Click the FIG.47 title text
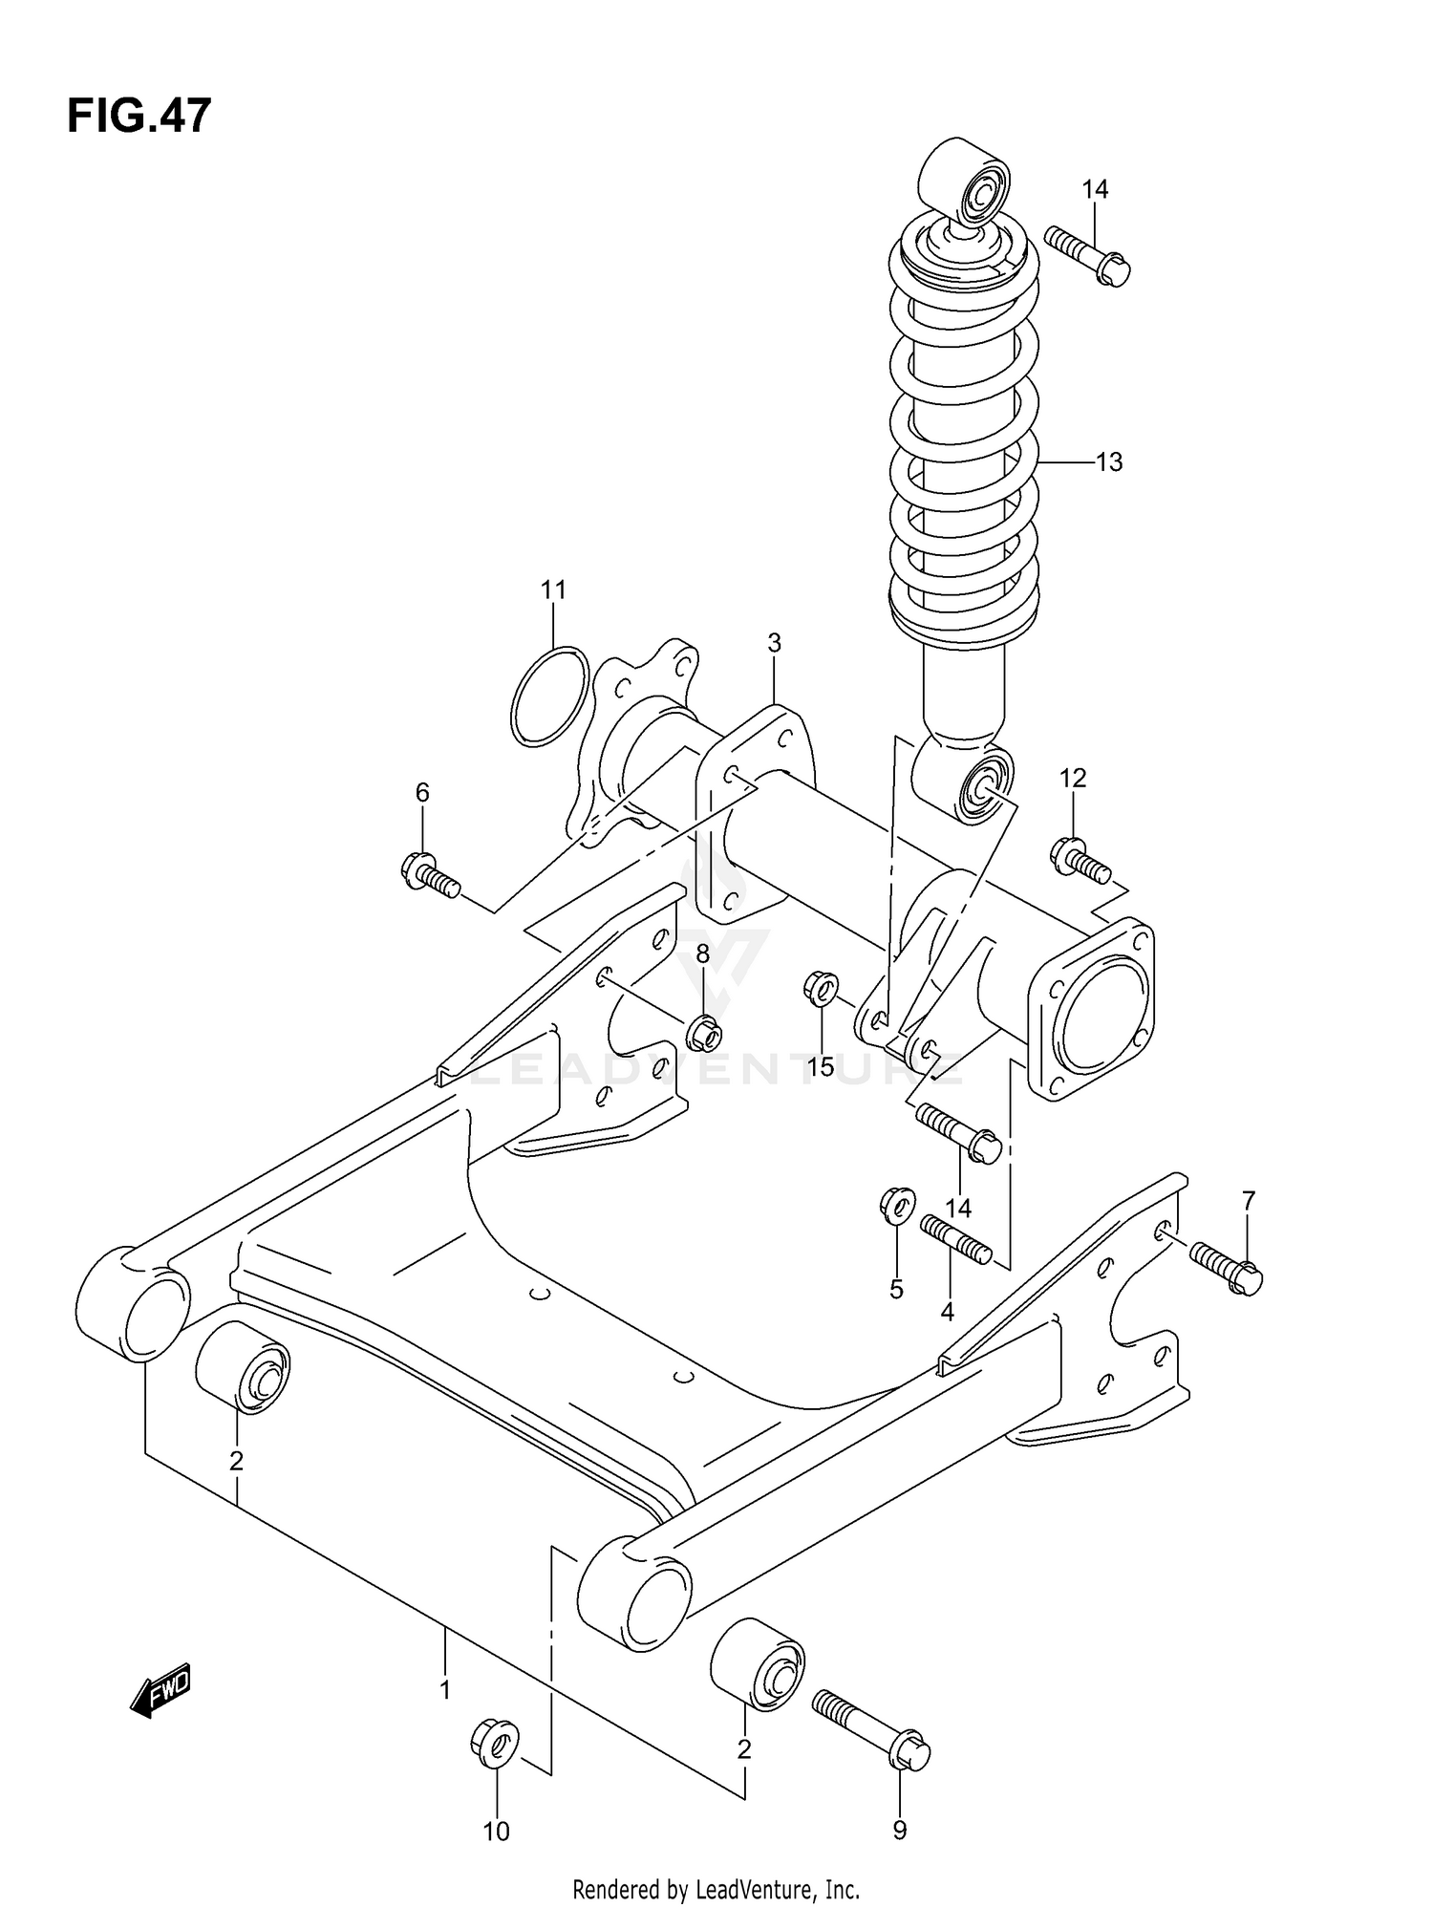coord(139,117)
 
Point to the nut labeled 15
coord(821,987)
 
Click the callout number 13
coord(1108,462)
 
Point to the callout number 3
coord(774,643)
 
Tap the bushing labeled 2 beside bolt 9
coord(757,1664)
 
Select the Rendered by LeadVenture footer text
coord(716,1889)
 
